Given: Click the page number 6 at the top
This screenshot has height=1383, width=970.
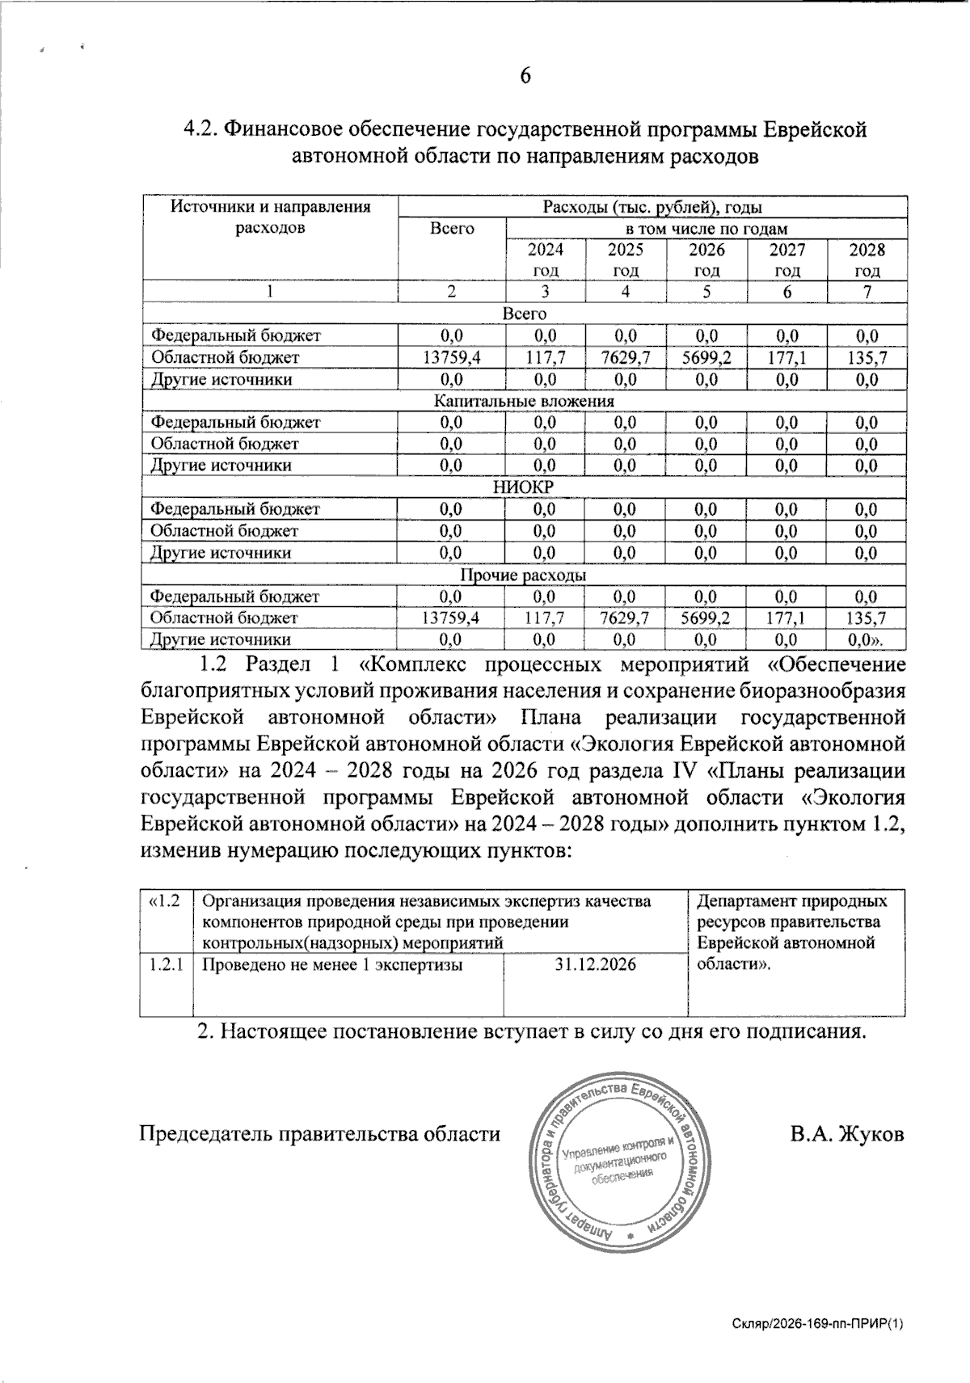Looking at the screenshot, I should click(525, 75).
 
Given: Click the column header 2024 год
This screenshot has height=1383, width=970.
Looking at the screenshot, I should click(545, 259).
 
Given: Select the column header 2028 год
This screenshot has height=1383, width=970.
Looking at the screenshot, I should click(867, 259).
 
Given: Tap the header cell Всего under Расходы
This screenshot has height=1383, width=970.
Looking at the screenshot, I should click(452, 229).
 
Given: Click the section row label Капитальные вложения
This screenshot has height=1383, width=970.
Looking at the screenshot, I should click(524, 400).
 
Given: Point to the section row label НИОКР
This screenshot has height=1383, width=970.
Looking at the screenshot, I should click(524, 487).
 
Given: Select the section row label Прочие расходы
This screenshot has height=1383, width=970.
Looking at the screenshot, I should click(524, 575).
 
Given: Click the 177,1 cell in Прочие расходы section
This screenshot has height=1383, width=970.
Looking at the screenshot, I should click(787, 618).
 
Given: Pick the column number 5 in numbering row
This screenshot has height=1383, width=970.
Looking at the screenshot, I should click(706, 292).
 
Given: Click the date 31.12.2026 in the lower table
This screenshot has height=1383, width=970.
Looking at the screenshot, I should click(596, 964).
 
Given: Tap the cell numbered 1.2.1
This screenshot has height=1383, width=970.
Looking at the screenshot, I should click(165, 964).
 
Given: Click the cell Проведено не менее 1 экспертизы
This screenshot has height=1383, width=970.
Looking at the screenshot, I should click(331, 964).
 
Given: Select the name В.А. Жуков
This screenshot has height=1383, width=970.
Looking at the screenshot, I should click(846, 1133).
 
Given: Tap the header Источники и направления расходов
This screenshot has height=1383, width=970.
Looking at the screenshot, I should click(270, 217).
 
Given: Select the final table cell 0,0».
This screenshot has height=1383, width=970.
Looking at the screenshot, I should click(867, 640).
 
